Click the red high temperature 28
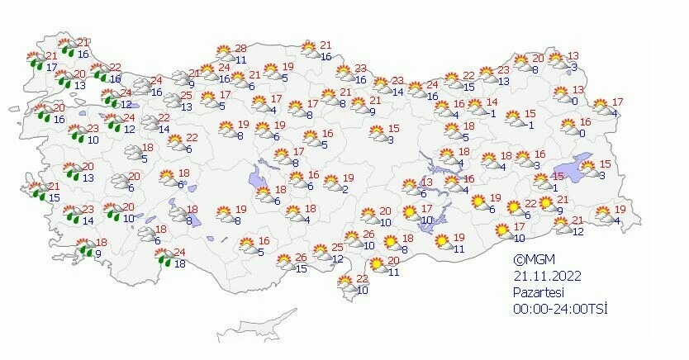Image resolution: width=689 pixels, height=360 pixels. pyautogui.click(x=241, y=49)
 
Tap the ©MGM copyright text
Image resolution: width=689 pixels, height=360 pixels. pyautogui.click(x=528, y=259)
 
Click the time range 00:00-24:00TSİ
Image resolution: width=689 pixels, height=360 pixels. pyautogui.click(x=559, y=309)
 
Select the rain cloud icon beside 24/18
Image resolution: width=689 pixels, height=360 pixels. pyautogui.click(x=165, y=258)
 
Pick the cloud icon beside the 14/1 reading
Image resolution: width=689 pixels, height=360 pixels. pyautogui.click(x=476, y=107)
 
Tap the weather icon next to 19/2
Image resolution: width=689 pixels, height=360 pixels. pyautogui.click(x=330, y=183)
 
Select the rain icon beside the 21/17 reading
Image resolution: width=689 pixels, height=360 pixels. pyautogui.click(x=36, y=60)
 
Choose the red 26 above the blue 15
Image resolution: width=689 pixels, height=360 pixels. pyautogui.click(x=302, y=258)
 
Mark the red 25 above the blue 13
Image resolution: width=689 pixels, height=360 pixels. pyautogui.click(x=187, y=96)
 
